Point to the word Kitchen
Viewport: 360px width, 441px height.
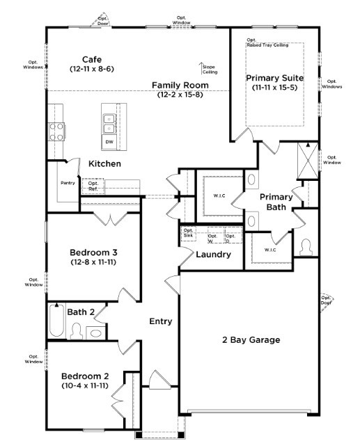[105, 163]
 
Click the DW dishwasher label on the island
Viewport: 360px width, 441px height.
[109, 142]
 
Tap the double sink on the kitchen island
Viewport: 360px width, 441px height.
[109, 122]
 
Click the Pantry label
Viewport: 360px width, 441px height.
[68, 183]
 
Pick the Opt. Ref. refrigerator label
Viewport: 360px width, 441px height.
[93, 186]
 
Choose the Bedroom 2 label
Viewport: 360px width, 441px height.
[84, 380]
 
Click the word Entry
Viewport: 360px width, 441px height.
[161, 321]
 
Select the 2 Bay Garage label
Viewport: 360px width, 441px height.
[251, 340]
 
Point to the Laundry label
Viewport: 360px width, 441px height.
[213, 255]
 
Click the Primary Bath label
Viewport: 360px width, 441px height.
[276, 202]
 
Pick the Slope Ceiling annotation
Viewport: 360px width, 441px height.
[210, 68]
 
